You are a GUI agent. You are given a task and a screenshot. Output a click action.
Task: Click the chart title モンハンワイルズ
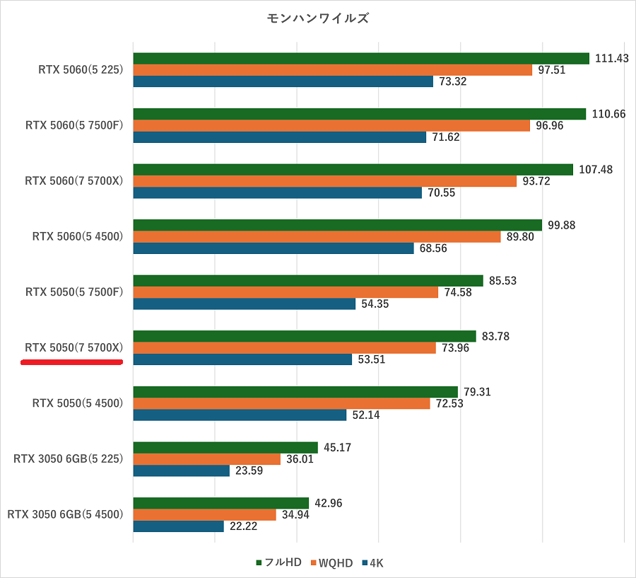tap(317, 18)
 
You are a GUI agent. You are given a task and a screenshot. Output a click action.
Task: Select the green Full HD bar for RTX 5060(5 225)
tap(360, 59)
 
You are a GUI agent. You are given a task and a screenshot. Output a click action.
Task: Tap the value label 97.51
tap(551, 70)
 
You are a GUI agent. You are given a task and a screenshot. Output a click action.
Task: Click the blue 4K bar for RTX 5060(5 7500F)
tap(279, 137)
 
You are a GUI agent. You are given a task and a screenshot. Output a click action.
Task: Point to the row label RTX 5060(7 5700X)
tap(74, 181)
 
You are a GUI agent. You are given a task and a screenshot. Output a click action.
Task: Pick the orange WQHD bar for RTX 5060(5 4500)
tap(317, 237)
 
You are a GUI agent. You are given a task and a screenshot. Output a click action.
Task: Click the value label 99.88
tap(563, 225)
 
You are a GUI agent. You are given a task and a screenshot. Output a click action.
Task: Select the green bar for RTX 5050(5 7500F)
tap(307, 281)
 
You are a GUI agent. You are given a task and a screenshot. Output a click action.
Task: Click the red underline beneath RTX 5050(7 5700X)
tap(72, 362)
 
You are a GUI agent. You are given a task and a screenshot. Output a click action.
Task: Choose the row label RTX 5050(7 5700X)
tap(74, 347)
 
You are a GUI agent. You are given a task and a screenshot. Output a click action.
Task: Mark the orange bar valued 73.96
tap(284, 348)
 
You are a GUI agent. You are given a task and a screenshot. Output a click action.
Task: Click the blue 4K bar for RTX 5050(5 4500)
tap(240, 415)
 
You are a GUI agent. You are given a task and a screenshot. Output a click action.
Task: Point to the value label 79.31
tap(478, 391)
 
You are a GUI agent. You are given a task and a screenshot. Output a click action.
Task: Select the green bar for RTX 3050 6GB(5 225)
tap(225, 447)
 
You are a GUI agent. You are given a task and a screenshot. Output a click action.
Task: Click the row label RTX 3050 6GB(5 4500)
tap(65, 514)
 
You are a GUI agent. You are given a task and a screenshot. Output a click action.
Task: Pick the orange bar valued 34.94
tap(204, 514)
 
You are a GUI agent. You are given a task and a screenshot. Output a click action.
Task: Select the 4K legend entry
tap(372, 563)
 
